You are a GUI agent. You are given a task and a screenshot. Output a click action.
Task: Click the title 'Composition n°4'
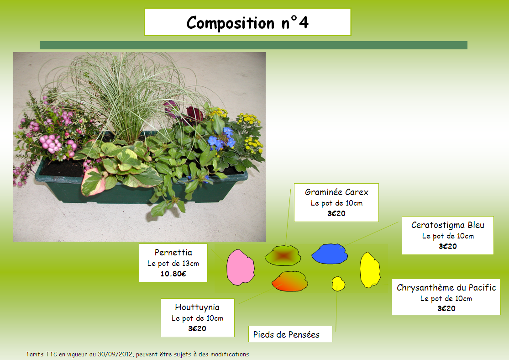247,22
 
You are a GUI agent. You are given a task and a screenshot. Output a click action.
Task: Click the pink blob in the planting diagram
240,267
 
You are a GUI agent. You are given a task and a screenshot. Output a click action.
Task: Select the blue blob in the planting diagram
330,254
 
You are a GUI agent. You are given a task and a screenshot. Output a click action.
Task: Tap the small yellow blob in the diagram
338,284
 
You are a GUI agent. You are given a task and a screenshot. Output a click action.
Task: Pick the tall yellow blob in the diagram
370,270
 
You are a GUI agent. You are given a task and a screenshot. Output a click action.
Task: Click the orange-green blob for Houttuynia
289,281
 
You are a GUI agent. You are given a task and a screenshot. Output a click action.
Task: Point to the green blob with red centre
283,256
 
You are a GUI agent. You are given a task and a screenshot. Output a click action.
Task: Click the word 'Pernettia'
173,253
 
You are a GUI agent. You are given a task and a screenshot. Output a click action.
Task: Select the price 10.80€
173,274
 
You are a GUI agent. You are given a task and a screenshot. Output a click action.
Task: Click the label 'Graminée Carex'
336,192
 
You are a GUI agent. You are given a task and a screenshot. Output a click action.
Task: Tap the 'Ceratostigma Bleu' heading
448,225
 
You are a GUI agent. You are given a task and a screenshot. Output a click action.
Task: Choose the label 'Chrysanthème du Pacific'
446,287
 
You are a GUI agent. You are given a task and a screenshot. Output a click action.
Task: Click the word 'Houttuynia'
197,307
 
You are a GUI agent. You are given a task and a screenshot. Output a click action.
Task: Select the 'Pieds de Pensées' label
286,335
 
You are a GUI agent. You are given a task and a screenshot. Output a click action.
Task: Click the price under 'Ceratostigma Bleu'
448,246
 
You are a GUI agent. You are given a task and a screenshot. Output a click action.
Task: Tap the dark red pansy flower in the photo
194,115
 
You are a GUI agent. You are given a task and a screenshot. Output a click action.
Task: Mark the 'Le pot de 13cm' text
173,264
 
